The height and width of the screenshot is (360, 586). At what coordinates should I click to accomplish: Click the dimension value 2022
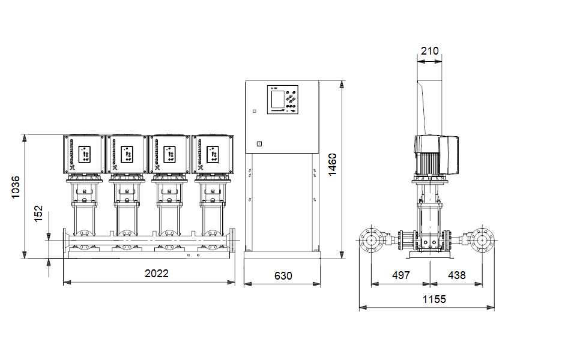click(157, 273)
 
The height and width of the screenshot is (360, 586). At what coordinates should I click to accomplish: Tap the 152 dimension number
click(38, 215)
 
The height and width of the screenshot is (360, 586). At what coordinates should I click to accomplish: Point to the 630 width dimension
click(283, 275)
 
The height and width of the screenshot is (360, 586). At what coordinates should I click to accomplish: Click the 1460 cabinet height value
click(332, 164)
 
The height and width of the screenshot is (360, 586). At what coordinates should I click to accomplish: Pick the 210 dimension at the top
click(429, 51)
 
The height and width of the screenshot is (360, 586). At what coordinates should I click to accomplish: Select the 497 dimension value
click(400, 275)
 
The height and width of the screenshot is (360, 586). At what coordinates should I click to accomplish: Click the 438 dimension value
click(457, 275)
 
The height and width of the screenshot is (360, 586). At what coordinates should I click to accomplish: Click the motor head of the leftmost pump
click(84, 154)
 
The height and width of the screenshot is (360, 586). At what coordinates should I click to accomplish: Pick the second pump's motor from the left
click(127, 154)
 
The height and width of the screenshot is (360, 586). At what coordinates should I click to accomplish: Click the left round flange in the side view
click(372, 240)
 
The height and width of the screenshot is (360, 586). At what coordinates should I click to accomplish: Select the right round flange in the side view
click(482, 240)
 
